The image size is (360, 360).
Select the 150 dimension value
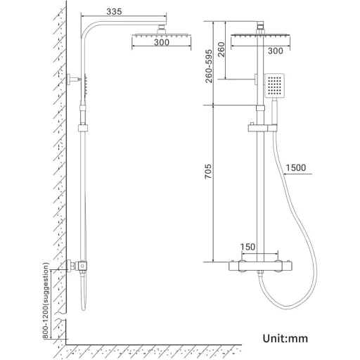pos(248,247)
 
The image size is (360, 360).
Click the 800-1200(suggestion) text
pos(46,300)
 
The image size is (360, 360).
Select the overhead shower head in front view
pos(262,35)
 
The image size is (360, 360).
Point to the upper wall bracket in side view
pos(75,80)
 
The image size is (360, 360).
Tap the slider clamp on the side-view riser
pos(84,129)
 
